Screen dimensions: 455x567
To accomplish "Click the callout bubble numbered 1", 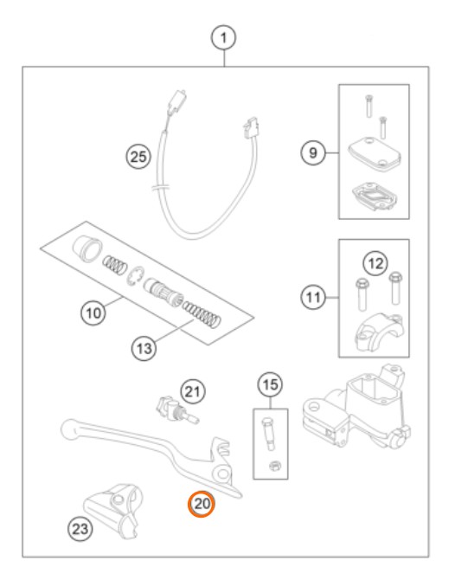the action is tap(223, 37).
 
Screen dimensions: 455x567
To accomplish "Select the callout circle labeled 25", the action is tap(138, 157).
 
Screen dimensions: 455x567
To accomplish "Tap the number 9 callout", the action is tap(313, 152).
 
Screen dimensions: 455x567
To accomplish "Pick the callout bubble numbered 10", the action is tap(93, 312).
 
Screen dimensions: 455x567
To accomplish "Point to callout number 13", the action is tap(144, 349).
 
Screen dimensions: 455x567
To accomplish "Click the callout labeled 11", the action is tap(313, 298).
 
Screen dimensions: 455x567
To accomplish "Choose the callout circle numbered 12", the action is tap(375, 263).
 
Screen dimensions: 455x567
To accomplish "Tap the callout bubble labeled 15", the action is tap(271, 384).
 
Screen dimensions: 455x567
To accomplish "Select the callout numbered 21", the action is tap(193, 391).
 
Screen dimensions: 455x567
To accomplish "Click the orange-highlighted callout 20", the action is tap(202, 504).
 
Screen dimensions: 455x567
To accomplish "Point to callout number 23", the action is tap(80, 529).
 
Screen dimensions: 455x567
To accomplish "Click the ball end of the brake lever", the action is tap(69, 428).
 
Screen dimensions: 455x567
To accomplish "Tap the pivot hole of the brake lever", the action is tap(223, 474).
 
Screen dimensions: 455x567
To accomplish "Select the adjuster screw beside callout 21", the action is tap(177, 411).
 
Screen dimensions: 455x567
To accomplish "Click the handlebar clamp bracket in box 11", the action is tap(379, 332).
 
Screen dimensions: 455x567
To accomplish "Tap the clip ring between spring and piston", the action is tap(136, 277).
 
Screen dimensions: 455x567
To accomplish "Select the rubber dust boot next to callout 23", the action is tap(112, 510).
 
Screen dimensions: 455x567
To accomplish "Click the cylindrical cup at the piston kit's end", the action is tap(87, 248).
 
